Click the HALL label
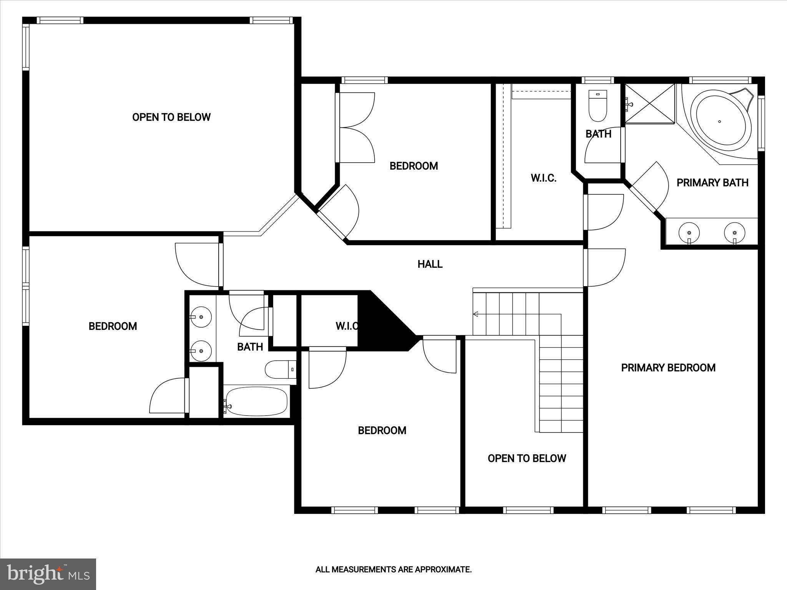click(x=430, y=264)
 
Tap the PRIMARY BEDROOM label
click(x=668, y=368)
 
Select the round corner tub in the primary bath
click(x=720, y=121)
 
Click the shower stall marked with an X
click(x=650, y=104)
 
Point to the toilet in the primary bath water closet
click(x=598, y=106)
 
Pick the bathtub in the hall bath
click(x=256, y=401)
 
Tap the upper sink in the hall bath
click(x=201, y=317)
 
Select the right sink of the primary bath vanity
click(x=734, y=233)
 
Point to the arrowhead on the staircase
click(x=475, y=315)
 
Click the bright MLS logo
click(x=48, y=574)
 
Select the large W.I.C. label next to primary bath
click(x=543, y=178)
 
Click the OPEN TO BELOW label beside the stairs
click(x=526, y=458)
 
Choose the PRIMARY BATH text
click(x=712, y=183)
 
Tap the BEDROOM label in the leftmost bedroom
click(x=113, y=326)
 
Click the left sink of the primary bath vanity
click(x=689, y=233)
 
